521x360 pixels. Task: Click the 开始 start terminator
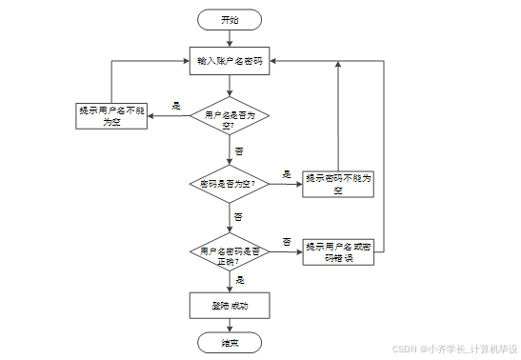click(x=230, y=19)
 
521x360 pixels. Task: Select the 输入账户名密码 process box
click(x=230, y=60)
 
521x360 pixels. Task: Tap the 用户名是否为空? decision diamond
click(x=230, y=120)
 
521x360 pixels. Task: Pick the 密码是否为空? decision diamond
click(x=230, y=183)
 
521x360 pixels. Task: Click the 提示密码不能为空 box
click(x=337, y=183)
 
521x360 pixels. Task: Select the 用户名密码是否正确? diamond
click(x=230, y=253)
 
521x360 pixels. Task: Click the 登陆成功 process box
click(x=230, y=305)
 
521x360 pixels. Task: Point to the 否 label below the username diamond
click(x=239, y=150)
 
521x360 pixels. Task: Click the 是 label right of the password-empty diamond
click(x=287, y=173)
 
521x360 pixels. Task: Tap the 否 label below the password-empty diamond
click(x=239, y=215)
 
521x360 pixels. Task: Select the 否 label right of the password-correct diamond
click(x=286, y=243)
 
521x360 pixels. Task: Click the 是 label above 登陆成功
click(x=239, y=280)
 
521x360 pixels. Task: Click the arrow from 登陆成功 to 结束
click(x=230, y=325)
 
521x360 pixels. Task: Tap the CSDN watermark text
click(x=453, y=349)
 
